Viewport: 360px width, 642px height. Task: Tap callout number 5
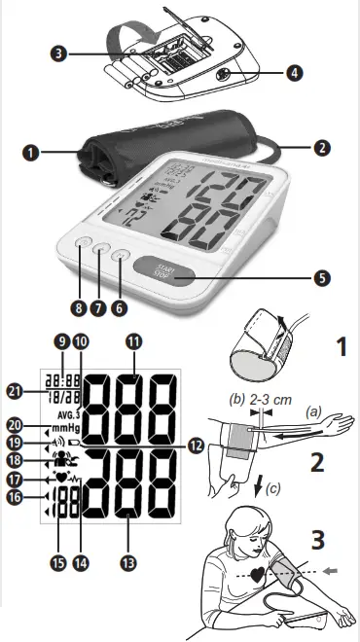322,275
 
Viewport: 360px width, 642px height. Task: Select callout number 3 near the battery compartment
60,53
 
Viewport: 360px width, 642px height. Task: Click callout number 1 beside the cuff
32,152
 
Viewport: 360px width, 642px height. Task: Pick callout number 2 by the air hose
322,150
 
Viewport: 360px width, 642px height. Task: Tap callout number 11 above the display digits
133,341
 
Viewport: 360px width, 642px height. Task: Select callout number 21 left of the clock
14,390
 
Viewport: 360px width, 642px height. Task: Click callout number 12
198,445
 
